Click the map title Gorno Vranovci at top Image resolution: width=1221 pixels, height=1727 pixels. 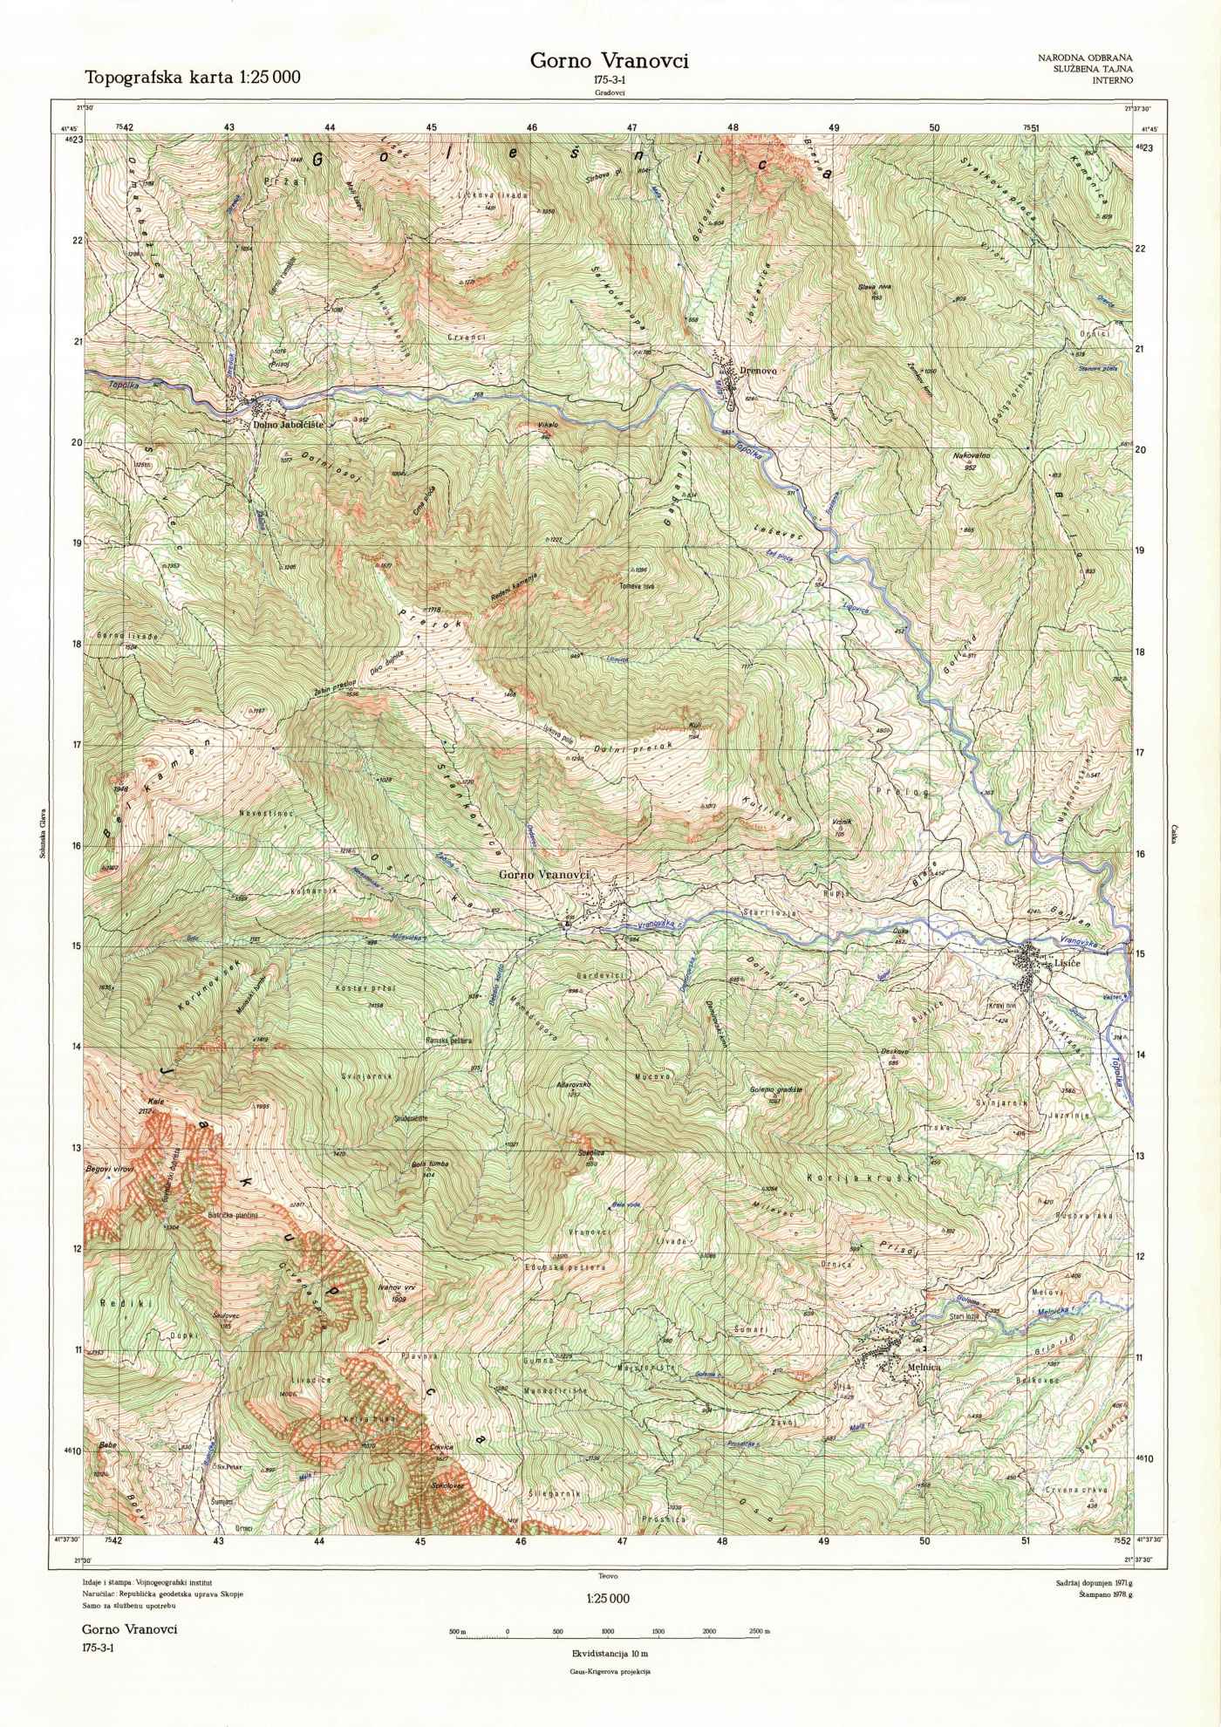610,61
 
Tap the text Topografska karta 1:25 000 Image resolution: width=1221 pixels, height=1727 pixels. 192,77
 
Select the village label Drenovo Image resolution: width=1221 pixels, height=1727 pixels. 756,371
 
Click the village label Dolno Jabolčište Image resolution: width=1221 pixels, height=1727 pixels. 288,424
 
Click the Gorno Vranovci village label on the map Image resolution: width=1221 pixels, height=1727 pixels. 545,874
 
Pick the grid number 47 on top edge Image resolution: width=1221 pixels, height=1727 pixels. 632,127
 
